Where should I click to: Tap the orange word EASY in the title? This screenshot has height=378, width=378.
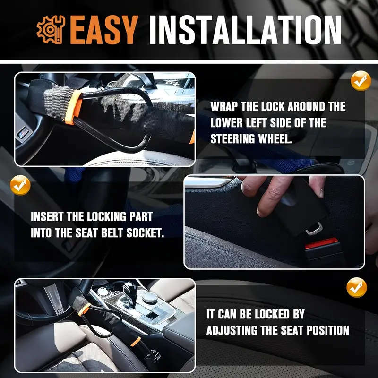coord(104,29)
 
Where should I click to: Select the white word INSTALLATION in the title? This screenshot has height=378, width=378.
coord(245,29)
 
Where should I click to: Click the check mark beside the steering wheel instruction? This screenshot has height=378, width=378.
coord(361,81)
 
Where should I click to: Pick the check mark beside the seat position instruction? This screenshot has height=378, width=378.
coord(357,287)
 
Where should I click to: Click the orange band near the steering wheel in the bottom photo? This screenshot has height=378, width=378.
coord(85,309)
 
